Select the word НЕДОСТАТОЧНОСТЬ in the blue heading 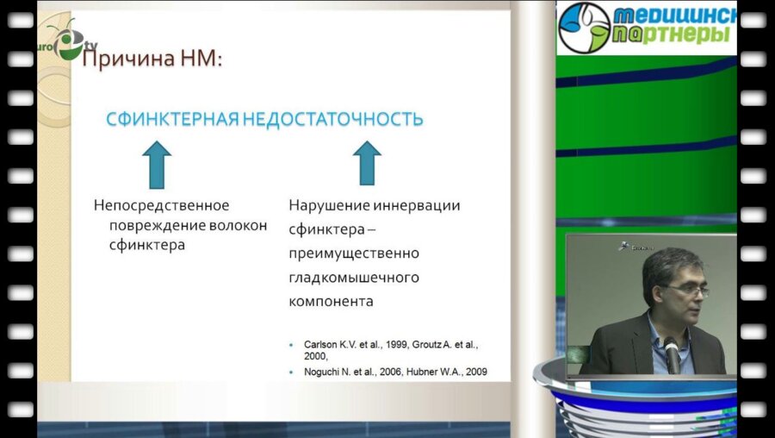pyautogui.click(x=332, y=119)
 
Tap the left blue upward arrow pyautogui.click(x=157, y=164)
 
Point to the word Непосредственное pyautogui.click(x=161, y=206)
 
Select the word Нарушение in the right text pyautogui.click(x=325, y=206)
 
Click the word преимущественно pyautogui.click(x=353, y=253)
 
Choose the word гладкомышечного pyautogui.click(x=353, y=278)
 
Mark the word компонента pyautogui.click(x=331, y=302)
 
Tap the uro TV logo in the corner pyautogui.click(x=64, y=43)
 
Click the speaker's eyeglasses pyautogui.click(x=685, y=291)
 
